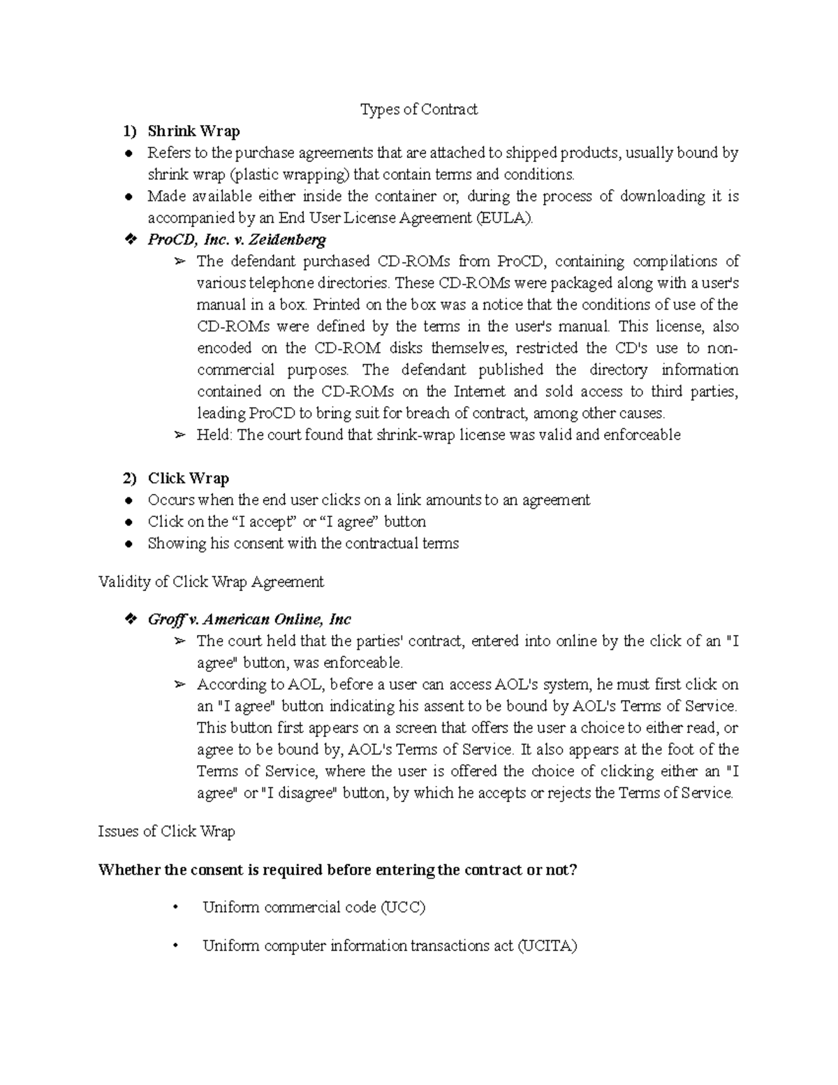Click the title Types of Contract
[418, 109]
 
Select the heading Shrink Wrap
[193, 131]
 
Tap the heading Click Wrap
[188, 479]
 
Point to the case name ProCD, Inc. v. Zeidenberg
[237, 240]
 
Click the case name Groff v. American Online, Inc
[249, 620]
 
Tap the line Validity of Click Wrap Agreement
[211, 581]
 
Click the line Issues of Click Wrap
[166, 831]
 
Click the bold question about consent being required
[338, 870]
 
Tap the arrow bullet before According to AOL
[179, 685]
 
